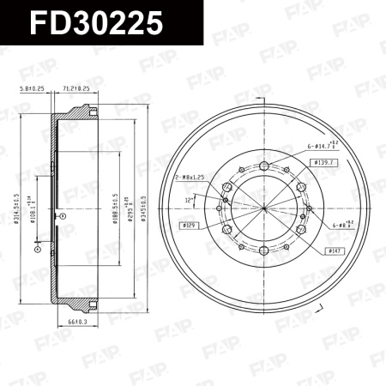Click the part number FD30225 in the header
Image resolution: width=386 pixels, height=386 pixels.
96,23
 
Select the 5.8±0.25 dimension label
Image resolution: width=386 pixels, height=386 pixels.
32,87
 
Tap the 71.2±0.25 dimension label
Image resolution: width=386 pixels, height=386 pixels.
77,87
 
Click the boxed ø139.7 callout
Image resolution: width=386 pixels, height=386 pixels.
323,161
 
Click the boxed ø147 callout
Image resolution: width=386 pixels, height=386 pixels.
335,250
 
